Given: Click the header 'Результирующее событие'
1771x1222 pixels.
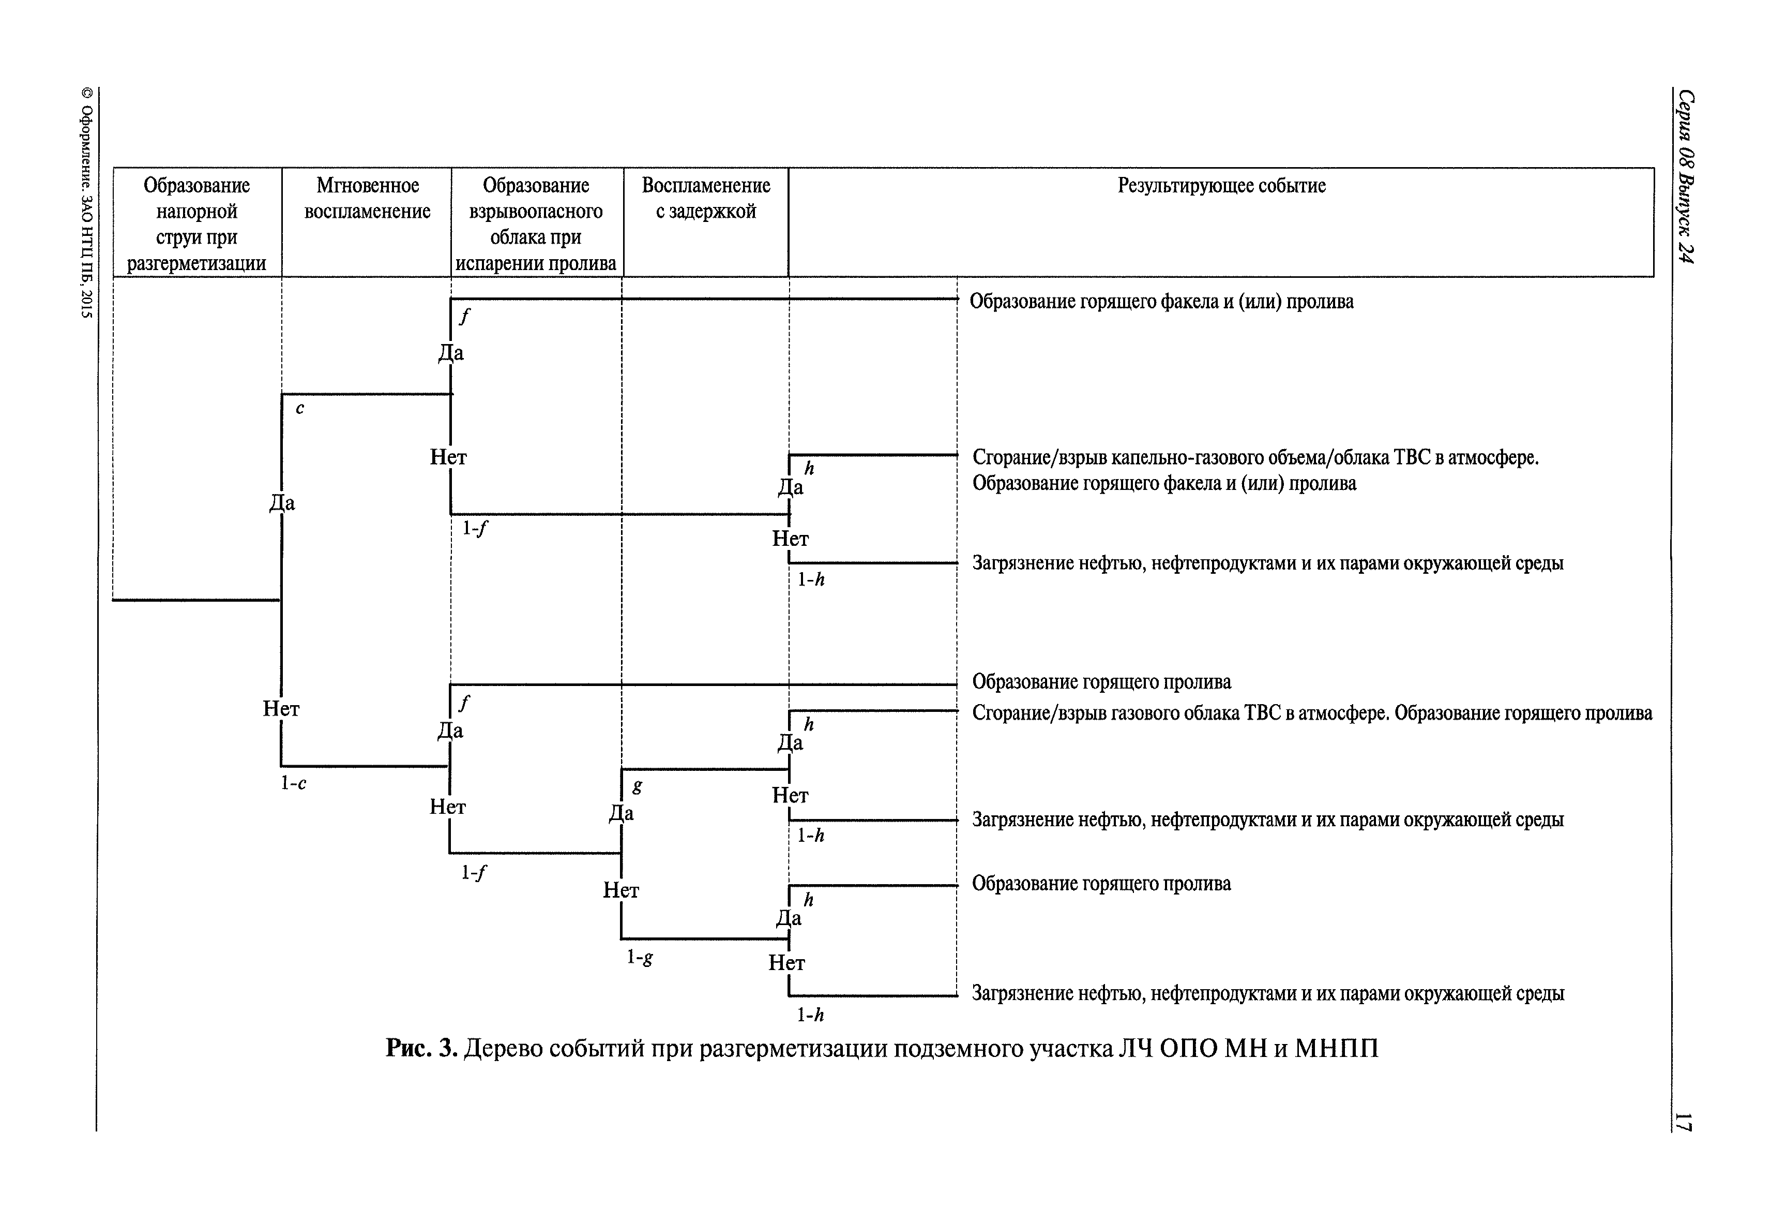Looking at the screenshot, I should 1221,186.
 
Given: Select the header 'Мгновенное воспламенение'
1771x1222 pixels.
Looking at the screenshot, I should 367,198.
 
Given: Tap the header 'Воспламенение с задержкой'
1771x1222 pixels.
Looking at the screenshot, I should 706,198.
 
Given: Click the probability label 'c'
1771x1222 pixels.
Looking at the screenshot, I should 300,409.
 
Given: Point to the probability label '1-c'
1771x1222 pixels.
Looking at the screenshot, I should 293,783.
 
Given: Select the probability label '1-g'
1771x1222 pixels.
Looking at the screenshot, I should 640,957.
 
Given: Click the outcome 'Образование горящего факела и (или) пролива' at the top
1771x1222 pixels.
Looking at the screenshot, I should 1161,302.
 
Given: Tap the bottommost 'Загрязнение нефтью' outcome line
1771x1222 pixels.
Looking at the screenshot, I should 1267,994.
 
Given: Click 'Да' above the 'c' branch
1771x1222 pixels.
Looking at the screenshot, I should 282,503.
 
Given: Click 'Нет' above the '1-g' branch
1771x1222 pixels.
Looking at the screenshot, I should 620,890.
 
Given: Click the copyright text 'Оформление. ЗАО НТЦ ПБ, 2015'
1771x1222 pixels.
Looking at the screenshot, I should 86,203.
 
